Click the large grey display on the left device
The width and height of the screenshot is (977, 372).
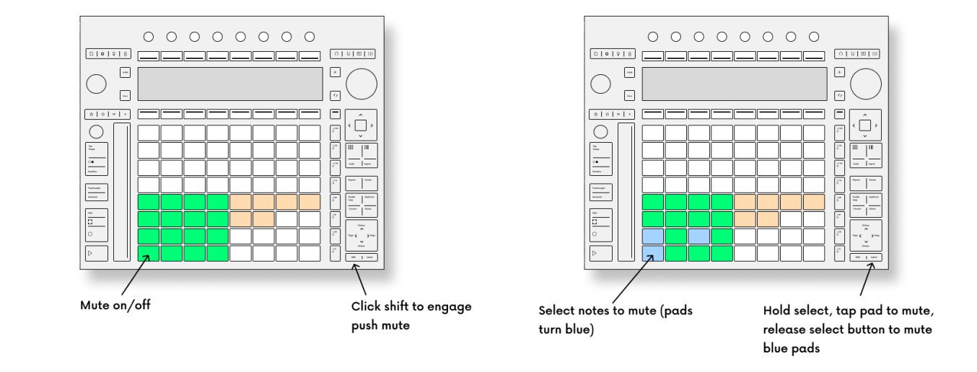click(229, 84)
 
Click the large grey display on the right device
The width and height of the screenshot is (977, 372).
click(734, 84)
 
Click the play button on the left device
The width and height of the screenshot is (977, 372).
click(97, 253)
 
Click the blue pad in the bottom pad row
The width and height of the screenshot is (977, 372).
click(652, 253)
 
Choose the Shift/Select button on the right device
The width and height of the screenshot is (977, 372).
click(865, 257)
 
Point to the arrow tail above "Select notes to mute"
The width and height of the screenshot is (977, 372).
click(613, 302)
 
